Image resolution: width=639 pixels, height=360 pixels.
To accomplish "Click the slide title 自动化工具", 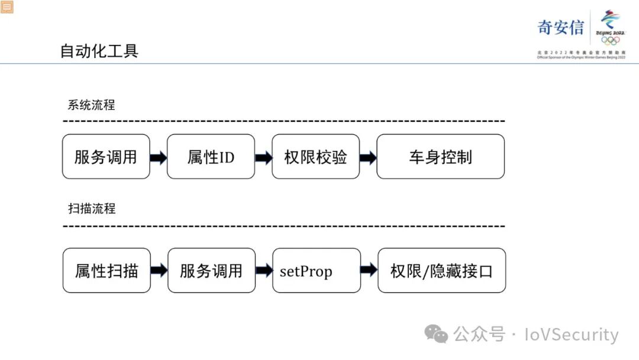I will [x=99, y=51].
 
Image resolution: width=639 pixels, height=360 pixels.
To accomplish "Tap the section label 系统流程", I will [x=91, y=105].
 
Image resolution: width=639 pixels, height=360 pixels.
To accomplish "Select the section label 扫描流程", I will [x=92, y=208].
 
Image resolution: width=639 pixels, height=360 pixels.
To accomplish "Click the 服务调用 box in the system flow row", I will [x=106, y=157].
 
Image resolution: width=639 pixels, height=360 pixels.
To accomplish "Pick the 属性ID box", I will [x=211, y=157].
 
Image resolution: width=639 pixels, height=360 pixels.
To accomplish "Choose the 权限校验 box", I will [x=315, y=157].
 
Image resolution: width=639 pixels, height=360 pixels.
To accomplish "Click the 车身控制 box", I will [x=440, y=157].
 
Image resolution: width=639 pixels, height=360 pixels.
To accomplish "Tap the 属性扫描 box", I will [x=106, y=271].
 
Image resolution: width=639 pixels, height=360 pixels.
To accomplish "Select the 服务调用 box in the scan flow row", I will [x=211, y=271].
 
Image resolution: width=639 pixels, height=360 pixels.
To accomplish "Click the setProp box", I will [x=316, y=271].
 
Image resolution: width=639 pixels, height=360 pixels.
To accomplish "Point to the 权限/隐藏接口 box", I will [x=441, y=271].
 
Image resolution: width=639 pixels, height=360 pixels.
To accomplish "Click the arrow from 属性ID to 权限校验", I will [x=263, y=157].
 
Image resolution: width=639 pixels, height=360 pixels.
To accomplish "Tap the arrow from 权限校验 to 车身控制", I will [x=368, y=157].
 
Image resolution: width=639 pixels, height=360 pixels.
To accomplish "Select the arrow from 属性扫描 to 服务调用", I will [x=159, y=271].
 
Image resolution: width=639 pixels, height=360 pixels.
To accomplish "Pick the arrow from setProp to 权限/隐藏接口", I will [x=369, y=271].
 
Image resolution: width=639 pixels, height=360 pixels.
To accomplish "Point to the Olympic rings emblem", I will [x=610, y=41].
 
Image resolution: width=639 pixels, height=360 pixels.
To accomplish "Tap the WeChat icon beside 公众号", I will [x=438, y=335].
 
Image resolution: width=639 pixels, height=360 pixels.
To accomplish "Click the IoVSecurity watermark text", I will [x=571, y=335].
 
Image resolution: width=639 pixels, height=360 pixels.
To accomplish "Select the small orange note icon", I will [x=7, y=7].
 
